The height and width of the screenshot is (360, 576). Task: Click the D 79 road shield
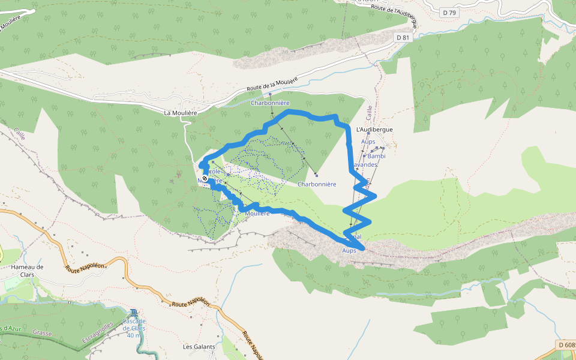pyautogui.click(x=448, y=12)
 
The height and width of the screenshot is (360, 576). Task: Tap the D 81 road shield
pyautogui.click(x=403, y=37)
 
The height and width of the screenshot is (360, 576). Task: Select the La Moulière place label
pyautogui.click(x=181, y=112)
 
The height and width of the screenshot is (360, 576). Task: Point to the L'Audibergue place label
pyautogui.click(x=374, y=130)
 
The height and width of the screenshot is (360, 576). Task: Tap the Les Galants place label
pyautogui.click(x=199, y=347)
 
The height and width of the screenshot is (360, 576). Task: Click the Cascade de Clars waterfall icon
pyautogui.click(x=134, y=312)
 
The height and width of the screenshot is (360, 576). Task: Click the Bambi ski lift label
pyautogui.click(x=376, y=156)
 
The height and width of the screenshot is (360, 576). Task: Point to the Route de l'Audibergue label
pyautogui.click(x=394, y=15)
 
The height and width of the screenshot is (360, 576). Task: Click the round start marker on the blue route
pyautogui.click(x=205, y=178)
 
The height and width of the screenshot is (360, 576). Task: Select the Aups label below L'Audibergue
pyautogui.click(x=368, y=142)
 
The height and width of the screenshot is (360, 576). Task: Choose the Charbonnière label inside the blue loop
pyautogui.click(x=316, y=184)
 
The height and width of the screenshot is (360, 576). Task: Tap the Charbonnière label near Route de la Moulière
pyautogui.click(x=270, y=103)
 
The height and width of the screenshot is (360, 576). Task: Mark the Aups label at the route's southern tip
pyautogui.click(x=349, y=250)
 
